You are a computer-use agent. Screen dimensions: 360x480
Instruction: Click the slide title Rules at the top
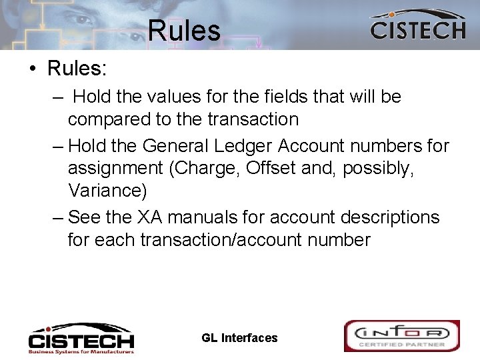coord(184,31)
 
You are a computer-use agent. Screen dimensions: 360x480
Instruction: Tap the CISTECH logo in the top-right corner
coord(417,26)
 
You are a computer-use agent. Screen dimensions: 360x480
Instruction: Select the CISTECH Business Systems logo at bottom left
coord(81,338)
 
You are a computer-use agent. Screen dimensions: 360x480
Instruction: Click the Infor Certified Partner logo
coord(401,336)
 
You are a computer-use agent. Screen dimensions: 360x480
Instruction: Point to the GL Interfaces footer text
coord(239,338)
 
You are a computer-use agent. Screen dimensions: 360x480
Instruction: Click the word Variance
coord(107,191)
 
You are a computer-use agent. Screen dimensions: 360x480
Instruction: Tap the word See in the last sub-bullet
coord(83,217)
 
